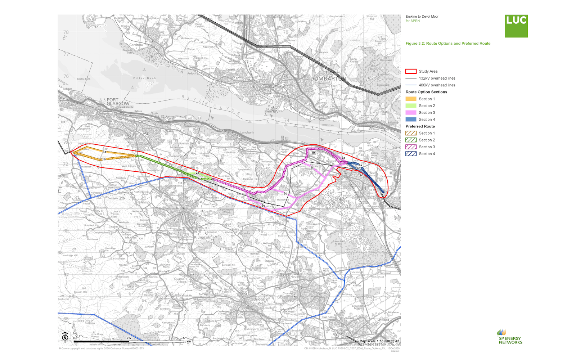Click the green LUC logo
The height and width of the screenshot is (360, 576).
coord(516,26)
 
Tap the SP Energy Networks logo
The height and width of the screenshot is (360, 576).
coord(510,337)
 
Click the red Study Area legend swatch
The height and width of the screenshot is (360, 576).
coord(411,71)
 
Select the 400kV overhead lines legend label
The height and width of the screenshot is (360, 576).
coord(437,85)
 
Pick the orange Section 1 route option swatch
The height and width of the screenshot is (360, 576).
coord(411,99)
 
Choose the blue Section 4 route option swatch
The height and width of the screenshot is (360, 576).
coord(411,120)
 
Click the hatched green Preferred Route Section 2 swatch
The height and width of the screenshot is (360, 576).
coord(411,140)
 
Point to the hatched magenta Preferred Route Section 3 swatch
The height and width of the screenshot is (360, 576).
coord(411,147)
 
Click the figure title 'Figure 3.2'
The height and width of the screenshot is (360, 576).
coord(448,44)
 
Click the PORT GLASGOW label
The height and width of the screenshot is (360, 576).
coord(118,102)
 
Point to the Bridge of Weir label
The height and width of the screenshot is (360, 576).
coord(262,301)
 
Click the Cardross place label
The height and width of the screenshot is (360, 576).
coord(136,45)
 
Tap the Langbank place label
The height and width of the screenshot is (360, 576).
coord(247,132)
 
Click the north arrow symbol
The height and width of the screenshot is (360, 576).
coord(65,336)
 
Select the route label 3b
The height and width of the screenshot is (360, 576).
coord(313,153)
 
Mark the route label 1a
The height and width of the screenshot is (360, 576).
coord(105,152)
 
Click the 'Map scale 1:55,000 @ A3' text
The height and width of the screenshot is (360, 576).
coord(379,341)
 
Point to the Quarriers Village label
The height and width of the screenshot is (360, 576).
coord(181,280)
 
